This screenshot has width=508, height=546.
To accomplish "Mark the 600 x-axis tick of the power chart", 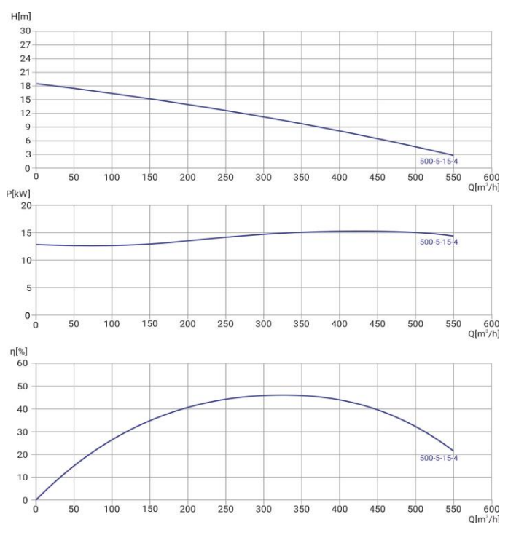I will click(491, 325).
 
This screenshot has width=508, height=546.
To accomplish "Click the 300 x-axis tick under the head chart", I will click(264, 177).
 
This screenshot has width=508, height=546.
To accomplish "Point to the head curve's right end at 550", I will click(453, 155).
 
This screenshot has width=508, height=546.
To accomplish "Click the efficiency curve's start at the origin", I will click(36, 500).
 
